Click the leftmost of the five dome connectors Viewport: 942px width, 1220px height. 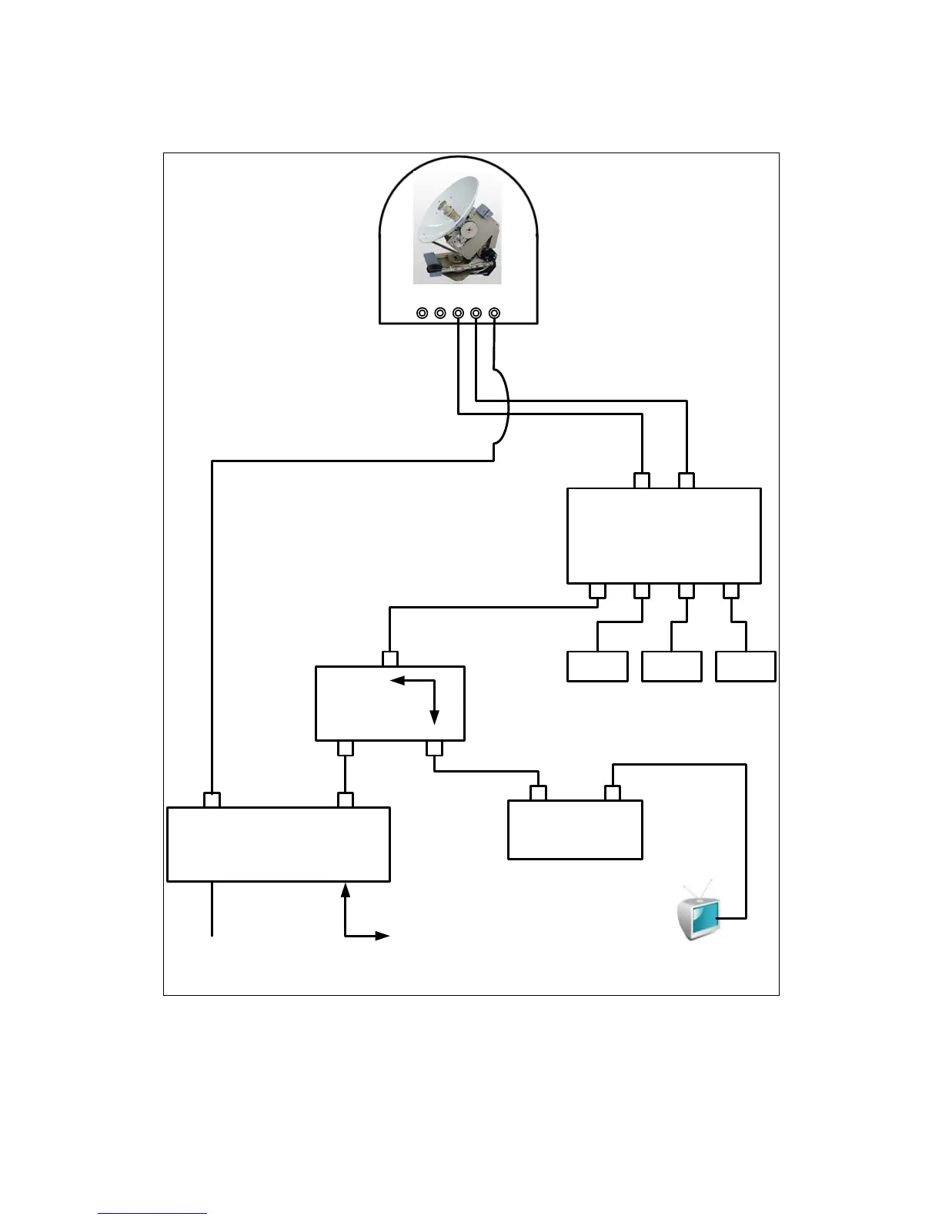[x=423, y=313]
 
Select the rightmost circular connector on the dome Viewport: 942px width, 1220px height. [x=494, y=313]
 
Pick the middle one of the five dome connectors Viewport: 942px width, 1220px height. [x=459, y=313]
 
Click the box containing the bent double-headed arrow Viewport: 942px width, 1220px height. [x=390, y=702]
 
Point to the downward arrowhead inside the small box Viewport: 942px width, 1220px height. [x=435, y=717]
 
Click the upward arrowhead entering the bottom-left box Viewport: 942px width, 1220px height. [x=345, y=890]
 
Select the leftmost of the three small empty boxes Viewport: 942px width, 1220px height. [x=597, y=666]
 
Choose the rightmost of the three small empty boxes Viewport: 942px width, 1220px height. [x=745, y=666]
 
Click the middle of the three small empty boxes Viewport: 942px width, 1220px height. [x=671, y=666]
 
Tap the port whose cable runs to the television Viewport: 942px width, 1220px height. [x=613, y=793]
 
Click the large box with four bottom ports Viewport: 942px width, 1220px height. [x=663, y=535]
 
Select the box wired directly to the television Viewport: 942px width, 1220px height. [x=575, y=830]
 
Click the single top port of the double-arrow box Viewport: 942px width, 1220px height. [x=390, y=659]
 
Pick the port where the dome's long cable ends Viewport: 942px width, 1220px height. [x=212, y=799]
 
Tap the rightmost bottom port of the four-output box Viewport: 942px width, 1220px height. [x=731, y=592]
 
